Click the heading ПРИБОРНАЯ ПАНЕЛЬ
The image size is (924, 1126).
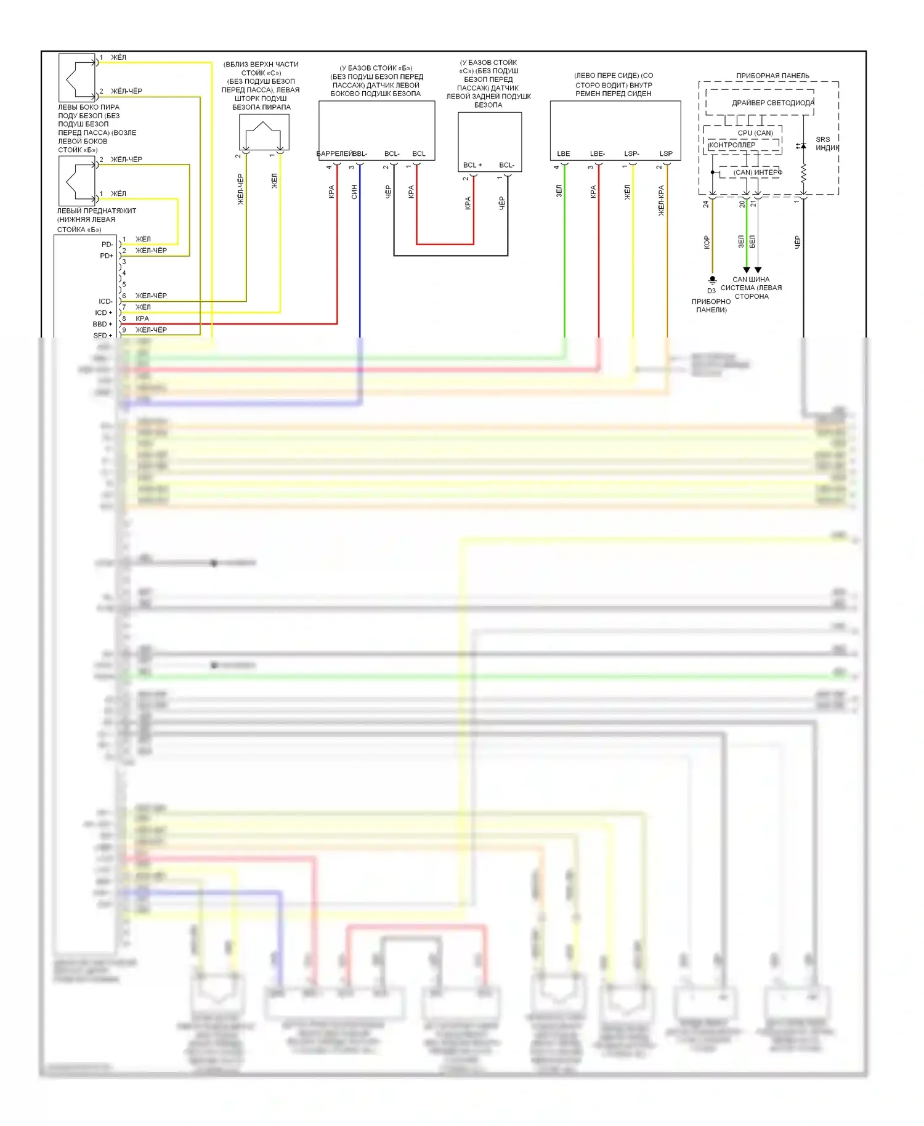[772, 76]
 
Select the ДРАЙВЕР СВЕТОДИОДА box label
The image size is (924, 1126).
[772, 103]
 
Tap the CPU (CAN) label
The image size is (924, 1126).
[755, 133]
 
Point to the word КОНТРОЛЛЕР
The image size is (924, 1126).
[732, 145]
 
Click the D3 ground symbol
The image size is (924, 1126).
[713, 280]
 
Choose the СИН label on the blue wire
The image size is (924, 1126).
[354, 192]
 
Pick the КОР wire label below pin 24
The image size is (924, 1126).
[707, 242]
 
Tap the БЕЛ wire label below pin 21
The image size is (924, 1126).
[752, 241]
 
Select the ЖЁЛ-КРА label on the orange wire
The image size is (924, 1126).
[662, 200]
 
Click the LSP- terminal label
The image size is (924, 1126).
[631, 154]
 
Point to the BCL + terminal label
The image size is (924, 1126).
[472, 165]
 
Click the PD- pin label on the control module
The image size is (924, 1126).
[107, 245]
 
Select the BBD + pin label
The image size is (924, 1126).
[102, 324]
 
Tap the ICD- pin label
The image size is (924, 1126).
[105, 301]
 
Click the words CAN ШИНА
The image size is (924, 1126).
[751, 280]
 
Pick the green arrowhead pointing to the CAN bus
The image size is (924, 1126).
[747, 270]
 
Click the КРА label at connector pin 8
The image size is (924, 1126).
[142, 318]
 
